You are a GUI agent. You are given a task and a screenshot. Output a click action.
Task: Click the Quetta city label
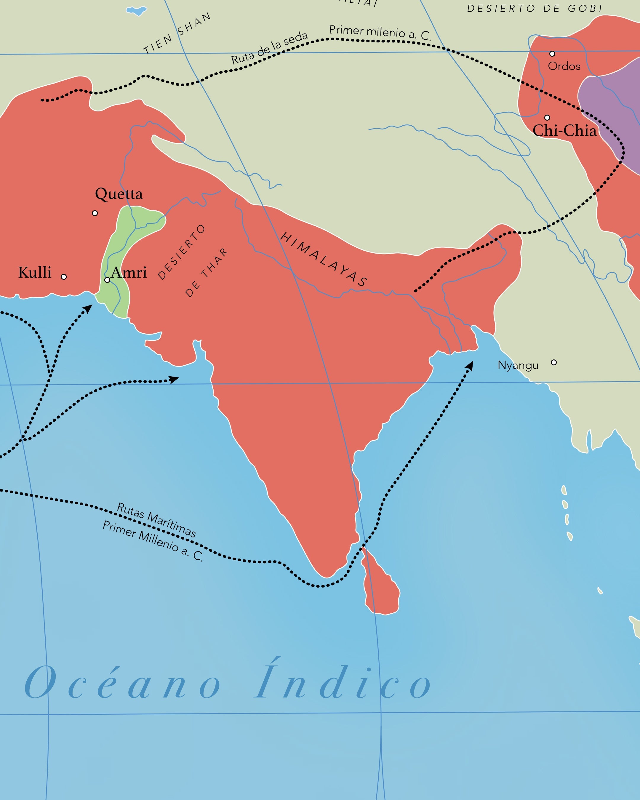coord(119,194)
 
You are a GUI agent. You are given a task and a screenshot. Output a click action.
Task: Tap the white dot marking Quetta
coord(95,213)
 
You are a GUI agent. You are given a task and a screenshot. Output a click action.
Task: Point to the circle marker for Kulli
coord(64,277)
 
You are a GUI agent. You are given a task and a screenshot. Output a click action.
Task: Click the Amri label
coord(129,272)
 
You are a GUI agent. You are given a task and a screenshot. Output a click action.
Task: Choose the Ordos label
coord(564,66)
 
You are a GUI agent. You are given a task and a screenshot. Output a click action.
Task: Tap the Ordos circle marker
coord(552,54)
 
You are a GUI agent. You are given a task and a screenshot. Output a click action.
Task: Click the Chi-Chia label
coord(564,131)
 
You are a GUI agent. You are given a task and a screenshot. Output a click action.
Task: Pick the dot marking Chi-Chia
coord(547,118)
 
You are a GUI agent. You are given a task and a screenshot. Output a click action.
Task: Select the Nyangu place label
coord(518,365)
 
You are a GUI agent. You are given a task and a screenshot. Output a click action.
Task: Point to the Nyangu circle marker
coord(553,363)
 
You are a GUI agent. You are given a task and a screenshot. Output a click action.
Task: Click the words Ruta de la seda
coord(270,48)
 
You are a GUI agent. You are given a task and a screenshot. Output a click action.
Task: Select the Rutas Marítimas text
coord(156,519)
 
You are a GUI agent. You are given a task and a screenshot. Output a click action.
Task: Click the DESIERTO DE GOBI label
coord(534,9)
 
